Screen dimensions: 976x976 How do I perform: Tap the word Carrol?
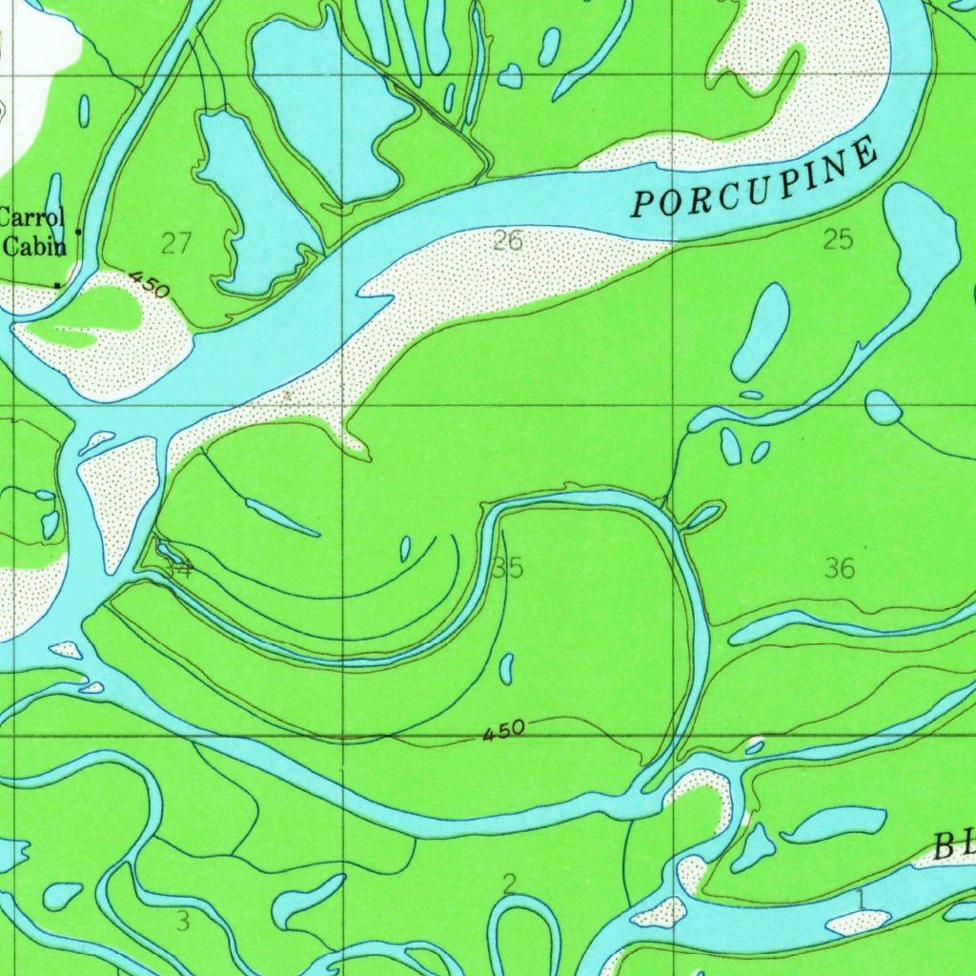pyautogui.click(x=32, y=216)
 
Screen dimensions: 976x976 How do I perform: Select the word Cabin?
pyautogui.click(x=35, y=247)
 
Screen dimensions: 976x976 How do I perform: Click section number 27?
pyautogui.click(x=176, y=244)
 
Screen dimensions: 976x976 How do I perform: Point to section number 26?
pyautogui.click(x=508, y=241)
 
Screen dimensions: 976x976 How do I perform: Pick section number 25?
pyautogui.click(x=838, y=240)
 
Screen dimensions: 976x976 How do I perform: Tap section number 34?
pyautogui.click(x=178, y=570)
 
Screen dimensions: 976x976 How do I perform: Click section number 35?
pyautogui.click(x=508, y=569)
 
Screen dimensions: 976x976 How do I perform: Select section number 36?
pyautogui.click(x=840, y=569)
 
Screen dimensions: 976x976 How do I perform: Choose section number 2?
pyautogui.click(x=510, y=884)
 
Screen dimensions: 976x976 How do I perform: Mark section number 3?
pyautogui.click(x=183, y=921)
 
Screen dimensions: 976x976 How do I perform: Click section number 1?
pyautogui.click(x=860, y=897)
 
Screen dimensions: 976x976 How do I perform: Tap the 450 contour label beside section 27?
pyautogui.click(x=149, y=283)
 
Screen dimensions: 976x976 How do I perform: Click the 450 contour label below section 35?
pyautogui.click(x=502, y=731)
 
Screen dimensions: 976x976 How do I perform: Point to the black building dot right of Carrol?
pyautogui.click(x=78, y=232)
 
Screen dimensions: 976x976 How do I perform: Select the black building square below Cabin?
pyautogui.click(x=57, y=285)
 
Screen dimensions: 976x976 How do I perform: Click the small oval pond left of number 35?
pyautogui.click(x=405, y=548)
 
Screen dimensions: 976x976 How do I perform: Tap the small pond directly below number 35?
pyautogui.click(x=507, y=667)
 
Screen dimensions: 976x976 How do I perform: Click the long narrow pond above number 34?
pyautogui.click(x=282, y=516)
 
